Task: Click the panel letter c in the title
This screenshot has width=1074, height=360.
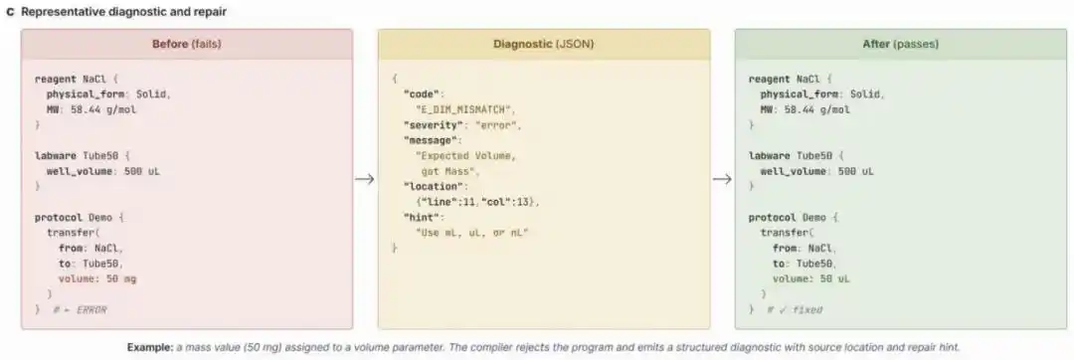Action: tap(10, 12)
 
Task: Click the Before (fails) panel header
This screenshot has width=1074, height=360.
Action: tap(187, 44)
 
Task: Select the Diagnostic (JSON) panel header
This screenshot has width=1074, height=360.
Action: tap(544, 44)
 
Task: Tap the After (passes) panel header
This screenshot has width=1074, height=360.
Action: tap(901, 44)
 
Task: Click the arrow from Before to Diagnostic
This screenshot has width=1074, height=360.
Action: tap(365, 179)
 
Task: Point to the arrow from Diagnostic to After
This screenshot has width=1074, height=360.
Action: tap(722, 179)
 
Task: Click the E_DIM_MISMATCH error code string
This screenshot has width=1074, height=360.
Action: tap(465, 108)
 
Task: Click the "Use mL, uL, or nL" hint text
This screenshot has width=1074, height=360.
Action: tap(472, 233)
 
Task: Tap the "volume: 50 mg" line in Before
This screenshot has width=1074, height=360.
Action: tap(97, 278)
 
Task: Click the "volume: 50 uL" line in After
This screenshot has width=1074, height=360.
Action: tap(811, 278)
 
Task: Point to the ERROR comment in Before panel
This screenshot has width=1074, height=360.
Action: tap(81, 310)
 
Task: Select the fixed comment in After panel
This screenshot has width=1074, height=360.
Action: tap(795, 310)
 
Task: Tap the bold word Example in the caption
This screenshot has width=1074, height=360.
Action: tap(150, 347)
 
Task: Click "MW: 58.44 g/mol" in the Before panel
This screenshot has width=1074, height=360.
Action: tap(91, 108)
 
